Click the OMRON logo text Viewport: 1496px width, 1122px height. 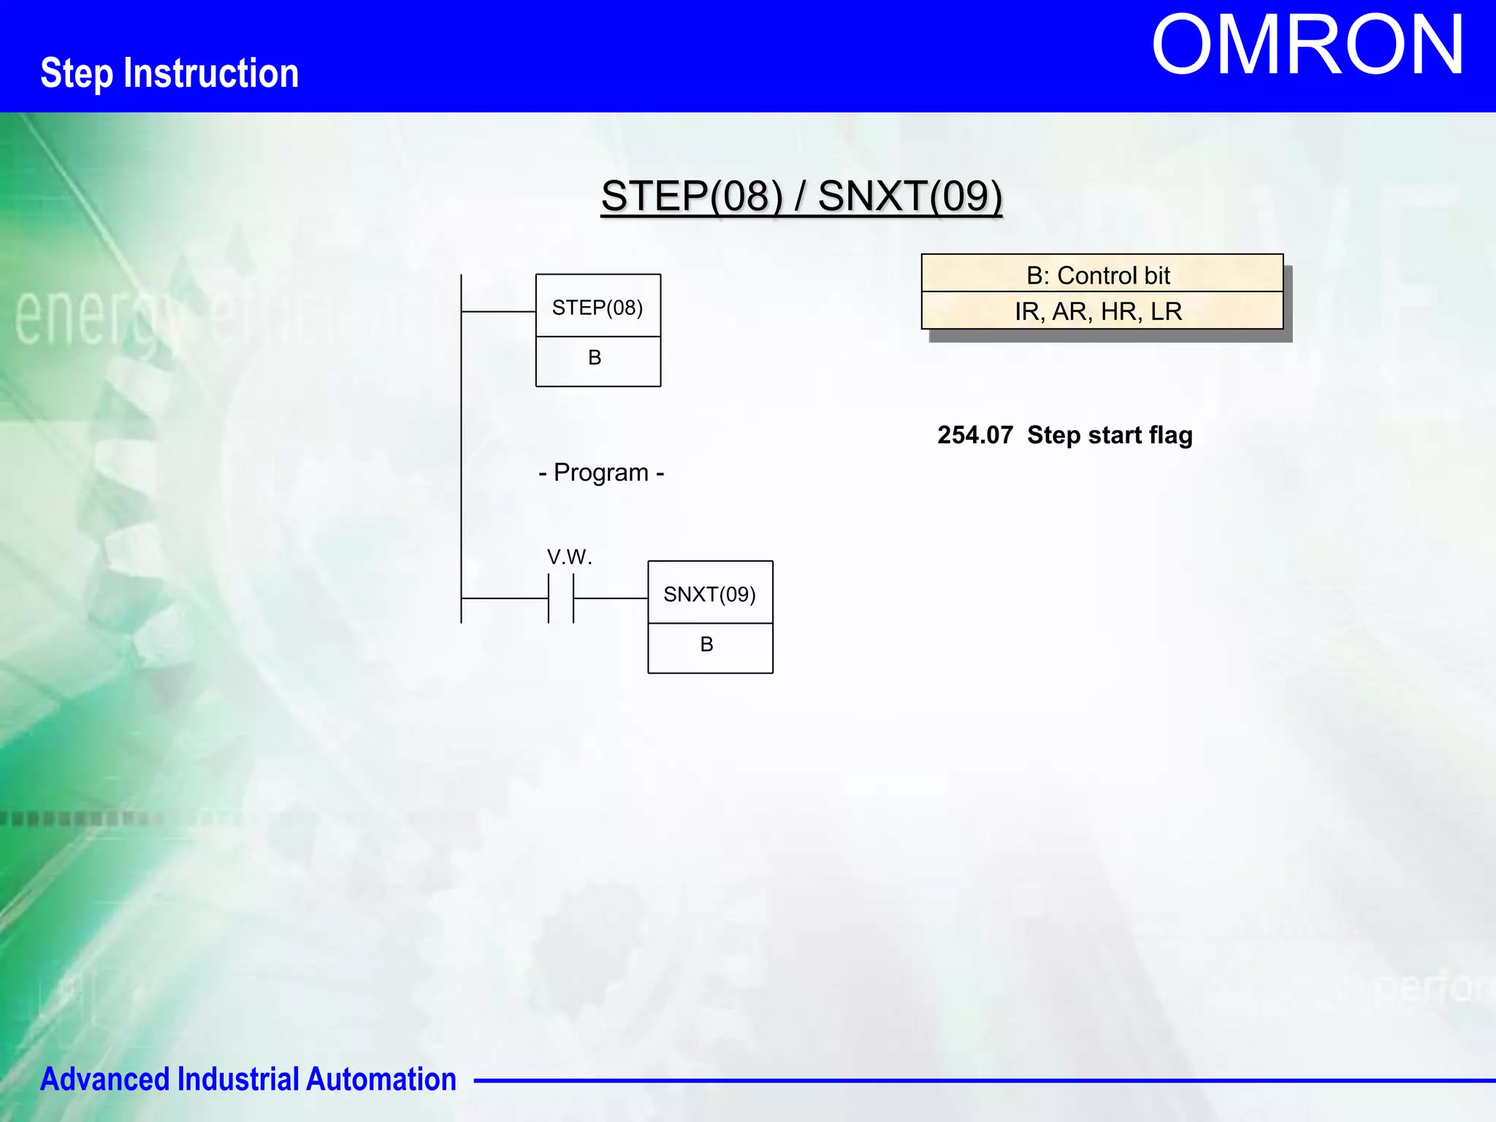1308,45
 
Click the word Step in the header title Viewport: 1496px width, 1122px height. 77,74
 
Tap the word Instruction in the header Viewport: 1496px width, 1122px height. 211,73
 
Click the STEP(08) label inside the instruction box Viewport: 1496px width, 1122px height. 598,308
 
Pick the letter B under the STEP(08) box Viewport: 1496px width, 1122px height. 595,358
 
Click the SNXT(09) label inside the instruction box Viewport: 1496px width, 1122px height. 709,595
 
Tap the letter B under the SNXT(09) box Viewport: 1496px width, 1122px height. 706,644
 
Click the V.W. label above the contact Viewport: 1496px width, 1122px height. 569,557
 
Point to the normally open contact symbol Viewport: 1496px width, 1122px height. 561,598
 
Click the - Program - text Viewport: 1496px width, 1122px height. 601,473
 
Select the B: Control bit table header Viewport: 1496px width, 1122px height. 1102,275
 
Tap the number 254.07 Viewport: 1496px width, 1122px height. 974,435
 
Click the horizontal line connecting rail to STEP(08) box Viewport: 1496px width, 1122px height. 498,312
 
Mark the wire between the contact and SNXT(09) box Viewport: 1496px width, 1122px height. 611,598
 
